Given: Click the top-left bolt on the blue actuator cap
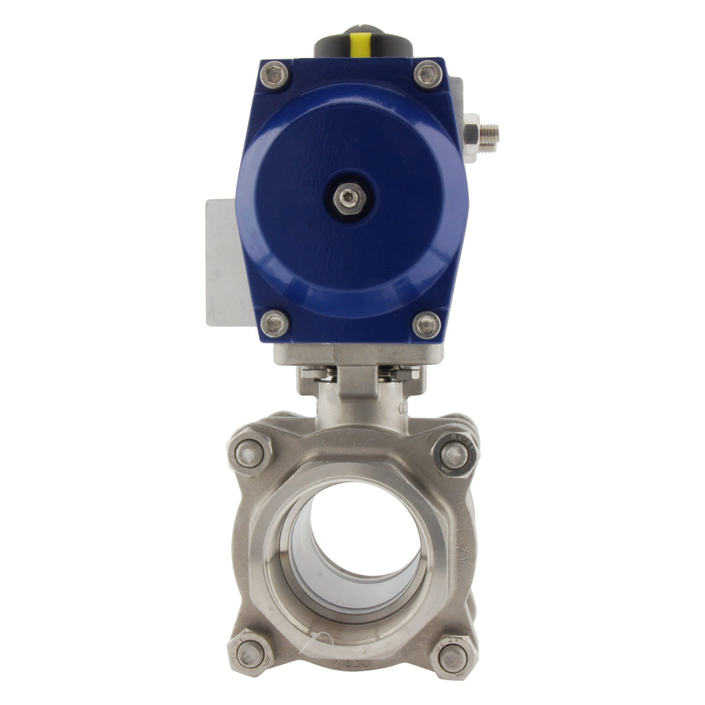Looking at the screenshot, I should (274, 75).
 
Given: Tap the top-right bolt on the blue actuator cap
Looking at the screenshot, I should (428, 74).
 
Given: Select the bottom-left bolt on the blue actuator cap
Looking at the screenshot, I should (274, 324).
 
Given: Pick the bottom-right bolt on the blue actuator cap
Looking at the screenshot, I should (427, 324).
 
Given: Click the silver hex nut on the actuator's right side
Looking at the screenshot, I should (470, 131).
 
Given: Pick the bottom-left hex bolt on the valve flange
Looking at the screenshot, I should (249, 655).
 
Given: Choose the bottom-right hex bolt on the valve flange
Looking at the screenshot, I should (452, 657).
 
